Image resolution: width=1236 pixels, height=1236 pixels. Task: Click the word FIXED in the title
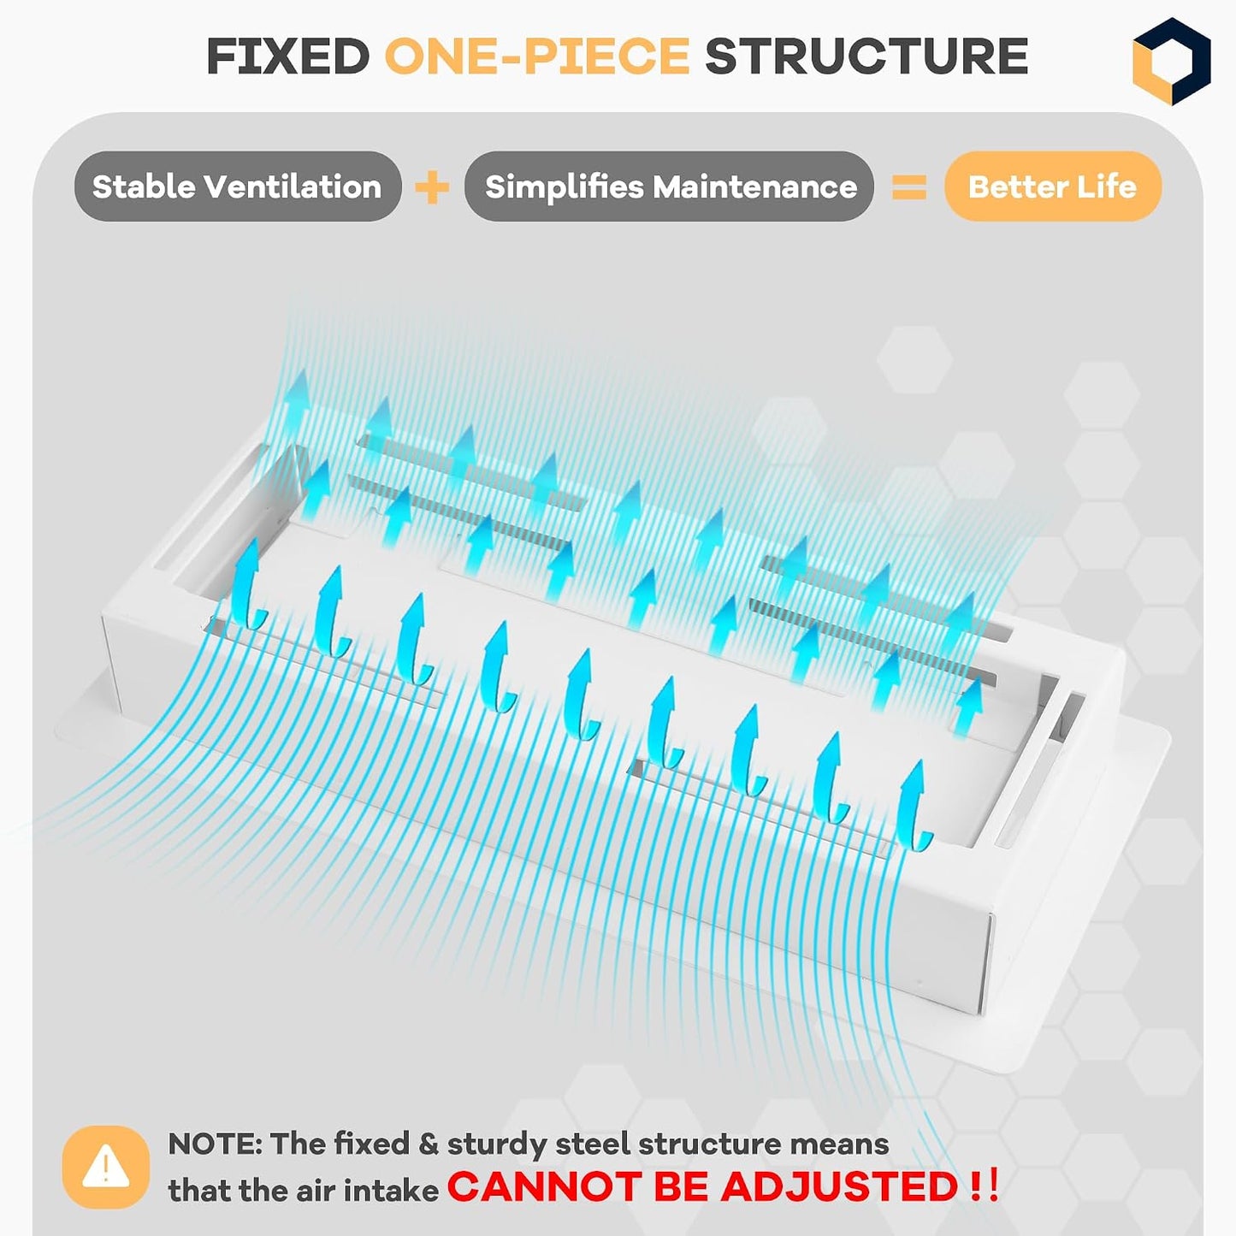288,56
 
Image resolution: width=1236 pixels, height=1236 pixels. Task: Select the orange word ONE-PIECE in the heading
537,56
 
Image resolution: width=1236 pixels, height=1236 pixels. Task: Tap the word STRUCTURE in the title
866,56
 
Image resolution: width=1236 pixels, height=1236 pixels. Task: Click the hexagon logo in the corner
1171,61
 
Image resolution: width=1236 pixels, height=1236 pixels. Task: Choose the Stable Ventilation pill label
238,186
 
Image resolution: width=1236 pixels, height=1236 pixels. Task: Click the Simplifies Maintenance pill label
669,186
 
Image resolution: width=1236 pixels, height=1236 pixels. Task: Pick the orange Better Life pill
1053,186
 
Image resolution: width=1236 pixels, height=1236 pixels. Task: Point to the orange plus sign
432,187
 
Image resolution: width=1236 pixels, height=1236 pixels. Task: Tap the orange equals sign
909,187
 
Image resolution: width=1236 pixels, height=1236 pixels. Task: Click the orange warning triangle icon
106,1167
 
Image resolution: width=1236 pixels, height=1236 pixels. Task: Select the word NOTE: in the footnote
215,1144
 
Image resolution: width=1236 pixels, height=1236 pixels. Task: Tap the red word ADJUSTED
839,1186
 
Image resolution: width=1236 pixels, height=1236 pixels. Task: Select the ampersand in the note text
428,1144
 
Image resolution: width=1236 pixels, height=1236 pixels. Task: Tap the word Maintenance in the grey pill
754,186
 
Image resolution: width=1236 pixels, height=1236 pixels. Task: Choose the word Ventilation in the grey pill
293,186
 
